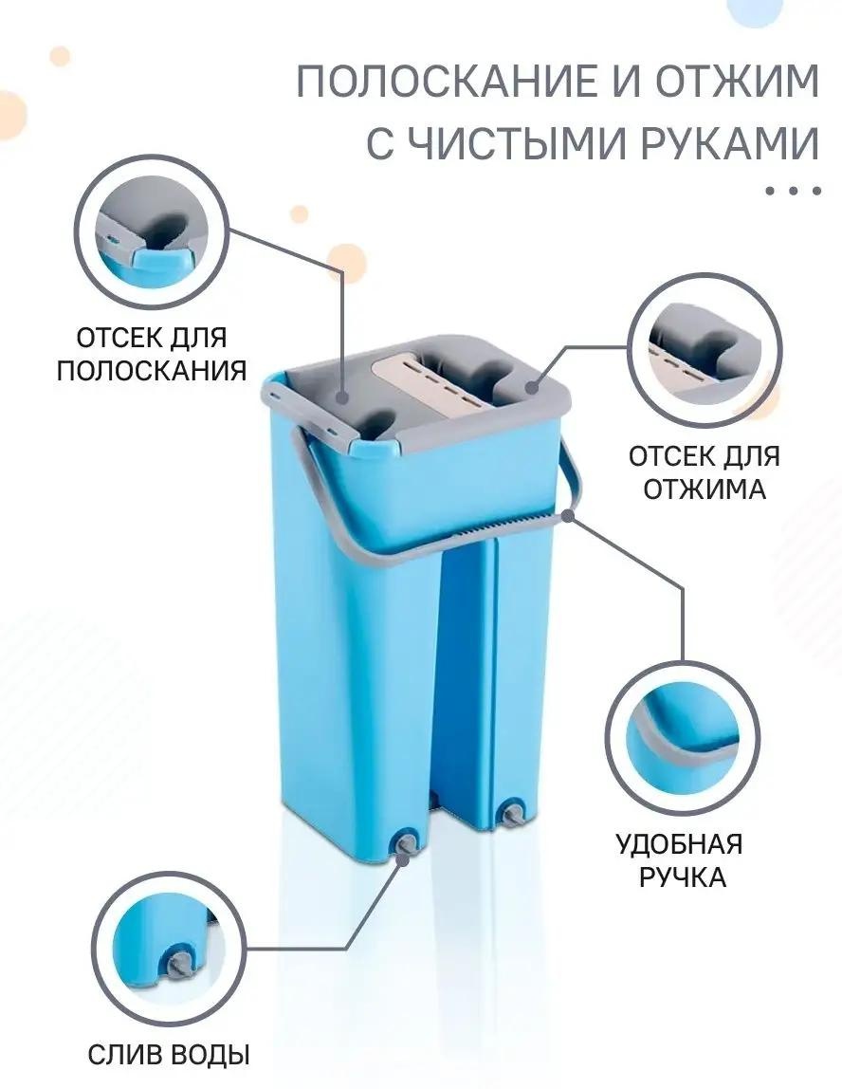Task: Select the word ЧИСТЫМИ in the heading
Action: [x=515, y=143]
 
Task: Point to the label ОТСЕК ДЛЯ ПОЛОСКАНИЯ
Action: [x=152, y=354]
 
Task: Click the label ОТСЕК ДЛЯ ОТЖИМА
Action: [x=704, y=472]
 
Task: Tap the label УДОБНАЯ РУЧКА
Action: [x=680, y=859]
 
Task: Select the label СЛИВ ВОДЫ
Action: [x=169, y=1055]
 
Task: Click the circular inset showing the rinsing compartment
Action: [x=152, y=232]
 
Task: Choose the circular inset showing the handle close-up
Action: [x=681, y=738]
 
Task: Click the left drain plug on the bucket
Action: [x=406, y=843]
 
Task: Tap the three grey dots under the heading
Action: [x=794, y=190]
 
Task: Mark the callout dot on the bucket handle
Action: [x=569, y=515]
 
